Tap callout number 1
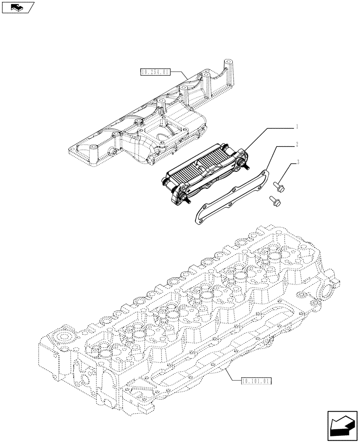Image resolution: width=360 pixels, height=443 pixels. coord(297,127)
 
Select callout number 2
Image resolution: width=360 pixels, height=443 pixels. coord(297,144)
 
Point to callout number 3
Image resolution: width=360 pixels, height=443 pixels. coord(297,162)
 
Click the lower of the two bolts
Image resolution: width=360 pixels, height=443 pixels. coord(274,201)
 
